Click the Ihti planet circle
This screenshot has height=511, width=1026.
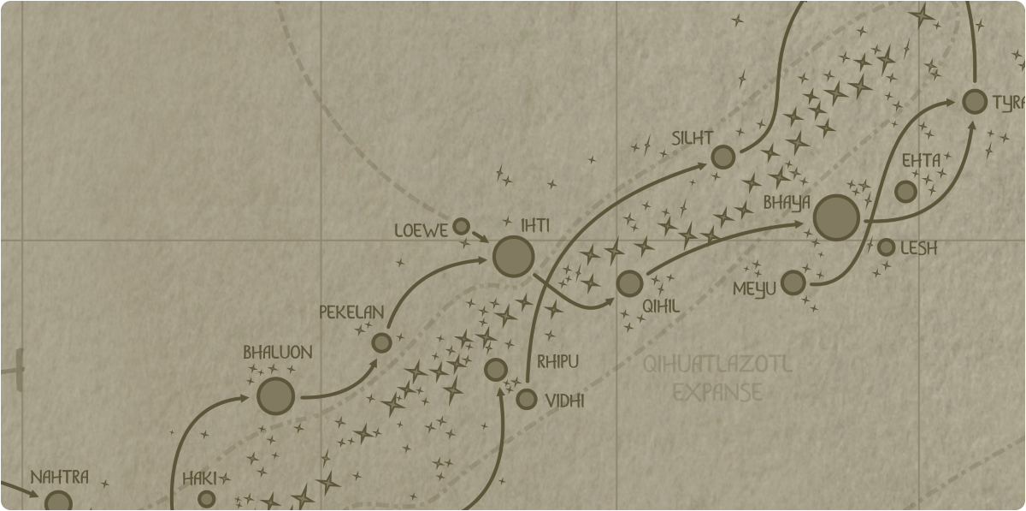514,257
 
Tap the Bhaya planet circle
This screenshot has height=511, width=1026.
836,217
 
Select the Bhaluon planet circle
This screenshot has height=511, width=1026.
276,396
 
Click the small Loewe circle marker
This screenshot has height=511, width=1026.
461,227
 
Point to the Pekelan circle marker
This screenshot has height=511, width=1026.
382,342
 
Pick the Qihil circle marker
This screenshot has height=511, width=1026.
629,283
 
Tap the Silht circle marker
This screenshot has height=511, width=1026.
723,157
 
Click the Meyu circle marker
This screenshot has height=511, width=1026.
793,282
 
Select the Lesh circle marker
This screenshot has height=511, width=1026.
887,247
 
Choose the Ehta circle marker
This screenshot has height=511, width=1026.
905,192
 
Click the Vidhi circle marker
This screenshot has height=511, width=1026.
527,399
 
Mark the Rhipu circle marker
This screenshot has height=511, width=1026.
496,370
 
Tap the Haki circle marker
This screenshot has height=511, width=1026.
207,499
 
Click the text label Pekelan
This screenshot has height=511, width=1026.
351,312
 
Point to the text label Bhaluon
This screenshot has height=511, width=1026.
278,352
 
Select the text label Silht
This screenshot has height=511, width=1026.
693,138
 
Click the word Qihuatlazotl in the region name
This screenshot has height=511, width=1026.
717,365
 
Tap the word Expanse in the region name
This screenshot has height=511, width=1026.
717,392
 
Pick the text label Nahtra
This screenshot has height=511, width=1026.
60,477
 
